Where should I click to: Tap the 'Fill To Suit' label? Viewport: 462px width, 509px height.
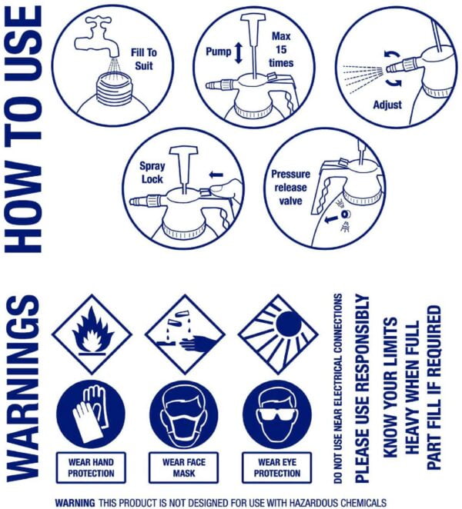144,59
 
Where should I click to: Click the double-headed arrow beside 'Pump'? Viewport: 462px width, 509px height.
239,53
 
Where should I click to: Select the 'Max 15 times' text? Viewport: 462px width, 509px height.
281,49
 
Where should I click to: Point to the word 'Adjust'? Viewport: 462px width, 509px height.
387,105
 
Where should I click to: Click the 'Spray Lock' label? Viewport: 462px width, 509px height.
152,172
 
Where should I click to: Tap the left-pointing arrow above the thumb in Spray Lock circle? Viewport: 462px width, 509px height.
216,175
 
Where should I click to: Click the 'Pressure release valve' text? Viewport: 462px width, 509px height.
290,188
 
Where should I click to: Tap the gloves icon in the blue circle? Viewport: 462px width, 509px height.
91,414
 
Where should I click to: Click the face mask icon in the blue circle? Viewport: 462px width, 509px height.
184,414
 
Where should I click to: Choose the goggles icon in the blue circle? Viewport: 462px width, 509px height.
277,414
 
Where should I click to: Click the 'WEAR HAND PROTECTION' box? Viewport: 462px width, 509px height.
91,467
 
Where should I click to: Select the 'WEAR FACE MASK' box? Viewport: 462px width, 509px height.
184,467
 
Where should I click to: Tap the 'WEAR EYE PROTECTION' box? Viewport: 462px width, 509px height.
277,467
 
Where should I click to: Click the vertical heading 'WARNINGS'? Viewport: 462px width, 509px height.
23,388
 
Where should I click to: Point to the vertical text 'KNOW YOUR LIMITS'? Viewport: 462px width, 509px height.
390,388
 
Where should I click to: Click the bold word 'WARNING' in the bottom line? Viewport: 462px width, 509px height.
75,503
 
